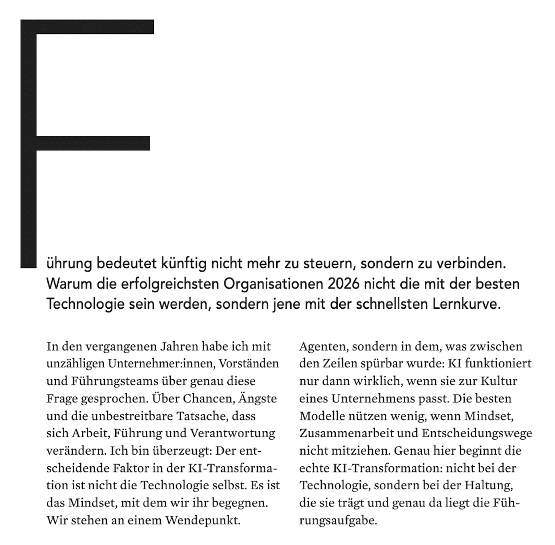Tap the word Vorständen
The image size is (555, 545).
click(249, 364)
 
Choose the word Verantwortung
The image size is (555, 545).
click(233, 433)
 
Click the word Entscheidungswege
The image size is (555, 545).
click(476, 433)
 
